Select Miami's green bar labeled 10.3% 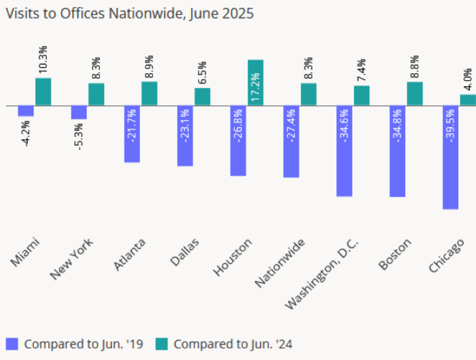tap(43, 91)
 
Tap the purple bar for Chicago tap(451, 158)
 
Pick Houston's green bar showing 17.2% tap(255, 83)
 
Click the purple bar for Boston tap(398, 151)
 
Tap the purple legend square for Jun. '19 tap(12, 343)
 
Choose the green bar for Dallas tap(202, 97)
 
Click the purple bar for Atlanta tap(132, 134)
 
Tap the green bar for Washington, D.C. tap(362, 96)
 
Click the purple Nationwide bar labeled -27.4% tap(291, 142)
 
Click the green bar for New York tap(96, 94)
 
